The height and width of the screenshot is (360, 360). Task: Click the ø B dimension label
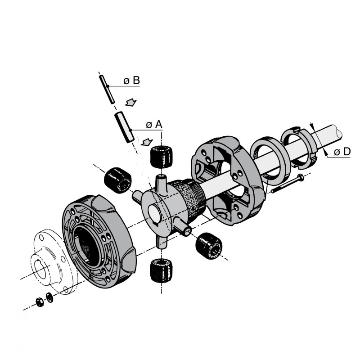pyautogui.click(x=131, y=81)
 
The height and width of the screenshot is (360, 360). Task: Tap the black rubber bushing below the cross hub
pyautogui.click(x=161, y=270)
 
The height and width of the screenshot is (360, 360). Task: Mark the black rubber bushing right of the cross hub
pyautogui.click(x=209, y=245)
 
